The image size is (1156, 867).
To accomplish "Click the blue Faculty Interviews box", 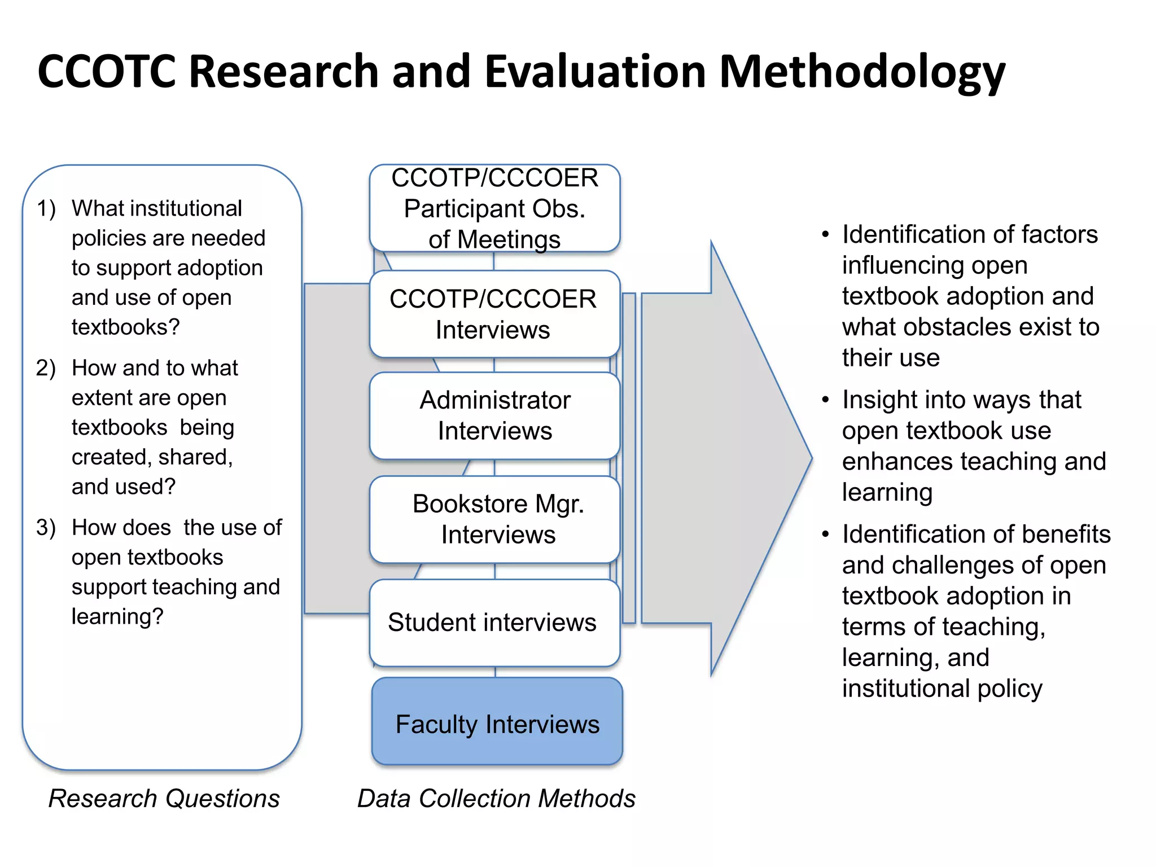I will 497,722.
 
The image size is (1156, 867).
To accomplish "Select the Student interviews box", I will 494,623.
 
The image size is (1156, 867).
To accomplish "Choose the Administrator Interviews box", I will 494,415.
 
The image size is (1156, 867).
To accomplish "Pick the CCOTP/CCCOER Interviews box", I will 494,314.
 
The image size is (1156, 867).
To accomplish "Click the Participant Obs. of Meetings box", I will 494,208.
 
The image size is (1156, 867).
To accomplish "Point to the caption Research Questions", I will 164,799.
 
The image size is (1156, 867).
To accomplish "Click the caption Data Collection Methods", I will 496,799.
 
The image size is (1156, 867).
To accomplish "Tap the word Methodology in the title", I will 862,72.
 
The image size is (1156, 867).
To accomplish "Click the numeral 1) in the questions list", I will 46,209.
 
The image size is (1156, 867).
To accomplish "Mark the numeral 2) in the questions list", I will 46,369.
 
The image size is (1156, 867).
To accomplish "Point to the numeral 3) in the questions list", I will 46,528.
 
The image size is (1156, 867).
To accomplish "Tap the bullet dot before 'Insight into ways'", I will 825,400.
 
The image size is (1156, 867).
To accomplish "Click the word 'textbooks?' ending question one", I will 125,327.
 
